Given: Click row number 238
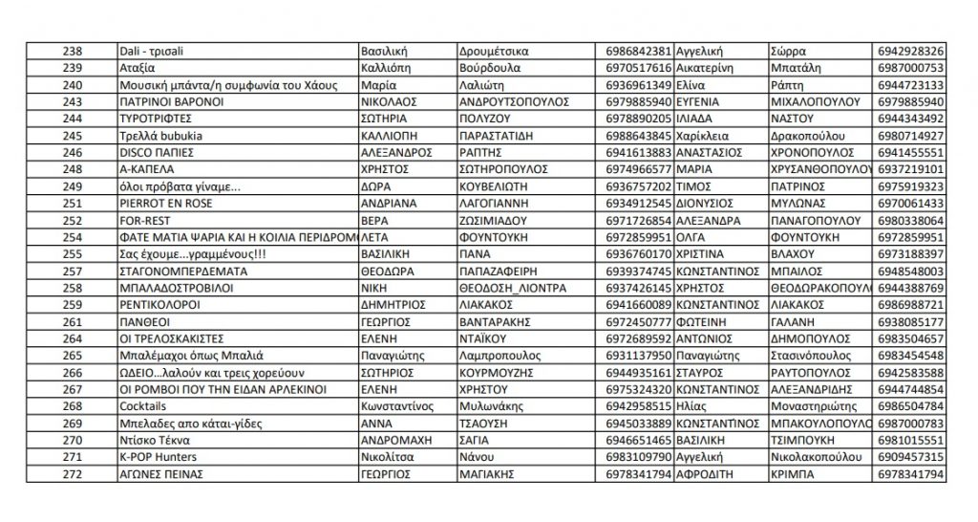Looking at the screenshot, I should (71, 50).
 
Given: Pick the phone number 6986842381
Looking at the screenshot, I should (639, 50).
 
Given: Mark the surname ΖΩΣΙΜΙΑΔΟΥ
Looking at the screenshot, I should (498, 220).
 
